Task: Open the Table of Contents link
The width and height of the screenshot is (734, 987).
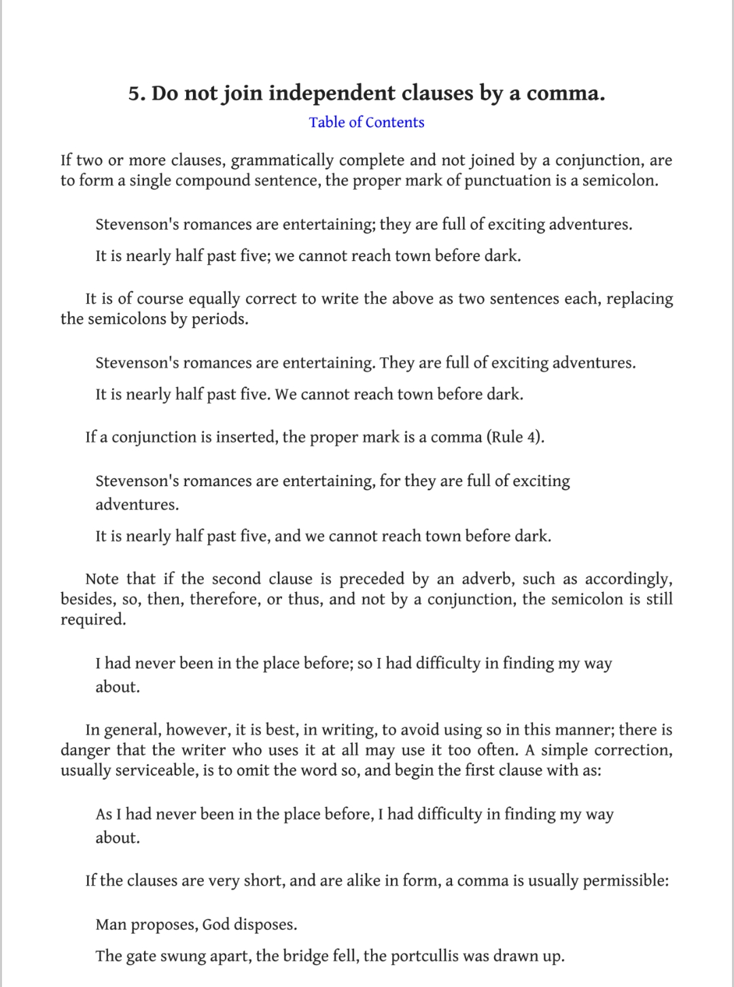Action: [366, 122]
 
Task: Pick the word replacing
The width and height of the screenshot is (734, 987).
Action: [639, 299]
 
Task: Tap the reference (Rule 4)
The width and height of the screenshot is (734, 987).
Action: [515, 437]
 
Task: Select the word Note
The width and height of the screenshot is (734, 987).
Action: [103, 579]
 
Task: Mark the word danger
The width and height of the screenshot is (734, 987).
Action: [86, 750]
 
